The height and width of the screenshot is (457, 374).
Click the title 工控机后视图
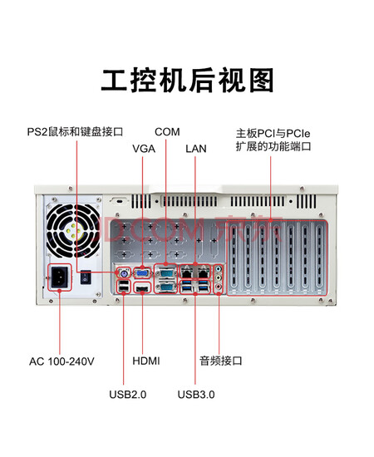(187, 80)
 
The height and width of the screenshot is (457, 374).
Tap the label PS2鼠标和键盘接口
(75, 132)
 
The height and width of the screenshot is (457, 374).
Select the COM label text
(167, 132)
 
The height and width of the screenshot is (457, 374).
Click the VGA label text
(144, 149)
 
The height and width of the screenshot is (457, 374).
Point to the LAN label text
(196, 149)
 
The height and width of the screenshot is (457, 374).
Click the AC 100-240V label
(62, 361)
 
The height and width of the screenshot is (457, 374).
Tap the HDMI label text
(146, 361)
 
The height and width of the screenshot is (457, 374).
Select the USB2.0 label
(128, 395)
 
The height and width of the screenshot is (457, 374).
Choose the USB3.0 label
(196, 395)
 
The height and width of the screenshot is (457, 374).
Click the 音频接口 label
(221, 361)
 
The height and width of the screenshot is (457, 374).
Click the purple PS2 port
(123, 273)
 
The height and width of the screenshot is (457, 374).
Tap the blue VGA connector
(143, 273)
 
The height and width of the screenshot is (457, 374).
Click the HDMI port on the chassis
(142, 289)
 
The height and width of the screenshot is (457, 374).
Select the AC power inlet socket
(60, 278)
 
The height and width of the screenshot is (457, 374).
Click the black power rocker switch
(86, 278)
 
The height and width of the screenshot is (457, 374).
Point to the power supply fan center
(73, 231)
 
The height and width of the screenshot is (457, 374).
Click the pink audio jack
(219, 287)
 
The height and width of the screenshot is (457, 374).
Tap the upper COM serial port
(165, 273)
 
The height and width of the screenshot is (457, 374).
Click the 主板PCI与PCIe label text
(273, 134)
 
